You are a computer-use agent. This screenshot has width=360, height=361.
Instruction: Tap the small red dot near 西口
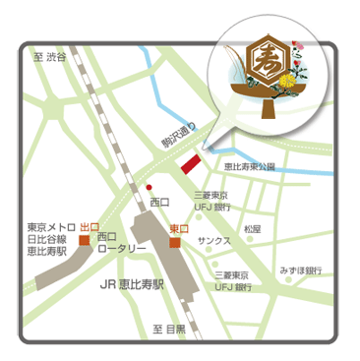[150, 186]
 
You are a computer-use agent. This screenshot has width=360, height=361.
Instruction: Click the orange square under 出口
[86, 239]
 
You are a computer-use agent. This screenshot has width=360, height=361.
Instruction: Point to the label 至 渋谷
[50, 58]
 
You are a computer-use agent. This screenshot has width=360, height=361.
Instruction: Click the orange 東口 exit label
[178, 228]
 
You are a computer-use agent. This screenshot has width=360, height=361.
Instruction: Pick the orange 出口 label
[89, 225]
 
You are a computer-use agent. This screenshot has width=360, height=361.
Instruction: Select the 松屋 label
[253, 228]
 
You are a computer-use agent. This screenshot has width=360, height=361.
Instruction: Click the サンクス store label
[213, 240]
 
